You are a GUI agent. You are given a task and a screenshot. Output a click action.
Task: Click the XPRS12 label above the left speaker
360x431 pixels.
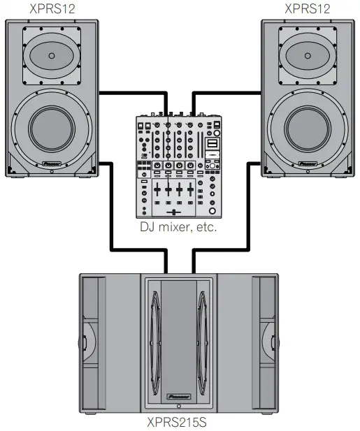(52, 9)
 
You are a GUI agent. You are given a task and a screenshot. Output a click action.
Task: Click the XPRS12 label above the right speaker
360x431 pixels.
(308, 9)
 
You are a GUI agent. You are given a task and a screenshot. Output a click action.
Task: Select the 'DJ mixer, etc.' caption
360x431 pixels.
(180, 228)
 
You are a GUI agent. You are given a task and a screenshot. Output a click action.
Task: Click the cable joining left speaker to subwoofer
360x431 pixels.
(112, 210)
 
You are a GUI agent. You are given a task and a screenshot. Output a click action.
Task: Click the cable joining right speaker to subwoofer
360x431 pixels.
(249, 210)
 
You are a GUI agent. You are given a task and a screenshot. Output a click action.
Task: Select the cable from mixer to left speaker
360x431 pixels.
(133, 92)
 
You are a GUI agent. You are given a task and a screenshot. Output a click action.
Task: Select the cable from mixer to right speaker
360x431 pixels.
(227, 92)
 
